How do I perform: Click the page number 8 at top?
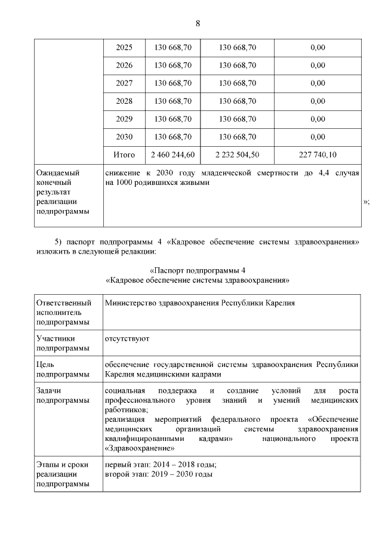pyautogui.click(x=198, y=23)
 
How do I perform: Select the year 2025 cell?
pyautogui.click(x=124, y=48)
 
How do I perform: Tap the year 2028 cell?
pyautogui.click(x=124, y=101)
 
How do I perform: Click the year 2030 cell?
pyautogui.click(x=124, y=137)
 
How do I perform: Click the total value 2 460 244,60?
pyautogui.click(x=173, y=155)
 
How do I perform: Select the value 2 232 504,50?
pyautogui.click(x=238, y=155)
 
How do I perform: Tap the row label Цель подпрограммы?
pyautogui.click(x=57, y=369)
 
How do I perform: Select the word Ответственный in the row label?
pyautogui.click(x=64, y=303)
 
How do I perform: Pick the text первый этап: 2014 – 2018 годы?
pyautogui.click(x=160, y=465)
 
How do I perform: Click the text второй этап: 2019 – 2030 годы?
pyautogui.click(x=159, y=474)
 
